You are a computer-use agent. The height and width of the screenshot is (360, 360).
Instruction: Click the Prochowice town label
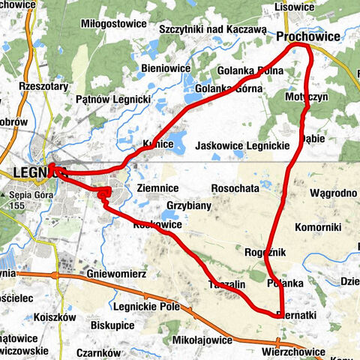(x=307, y=36)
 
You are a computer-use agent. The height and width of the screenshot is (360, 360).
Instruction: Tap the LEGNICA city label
(x=30, y=172)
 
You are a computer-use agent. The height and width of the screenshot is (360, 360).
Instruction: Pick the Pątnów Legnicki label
(x=114, y=99)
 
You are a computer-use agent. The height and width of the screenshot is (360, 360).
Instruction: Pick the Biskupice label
(x=113, y=325)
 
